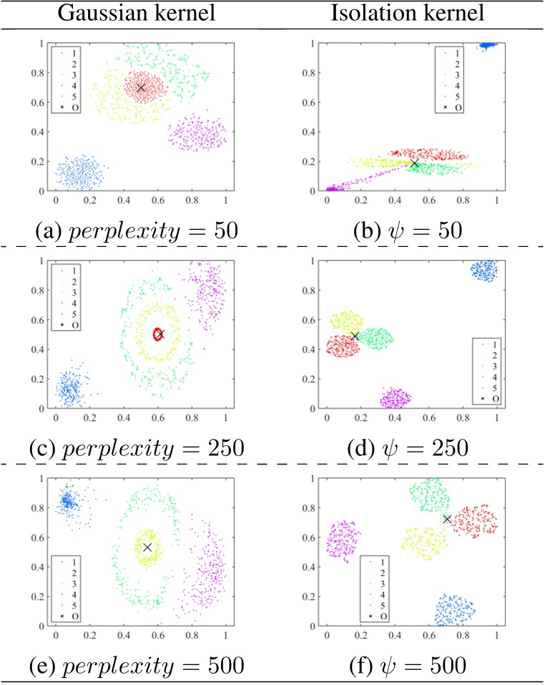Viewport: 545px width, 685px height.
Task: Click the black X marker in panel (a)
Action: (x=141, y=87)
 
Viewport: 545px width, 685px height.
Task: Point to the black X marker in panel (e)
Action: (x=147, y=547)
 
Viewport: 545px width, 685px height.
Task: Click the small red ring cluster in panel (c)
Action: (x=158, y=334)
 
